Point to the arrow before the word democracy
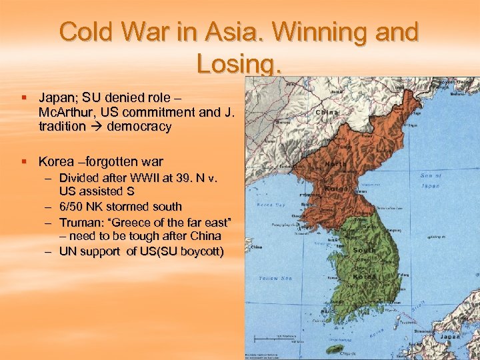click(96, 126)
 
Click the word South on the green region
click(364, 251)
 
